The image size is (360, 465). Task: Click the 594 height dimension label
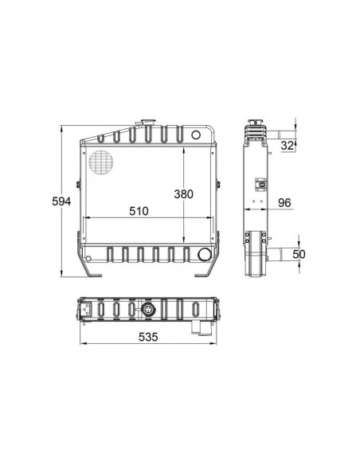(61, 201)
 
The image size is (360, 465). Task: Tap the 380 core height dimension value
(183, 194)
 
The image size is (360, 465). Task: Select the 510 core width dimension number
(139, 211)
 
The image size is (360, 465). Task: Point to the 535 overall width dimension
(148, 337)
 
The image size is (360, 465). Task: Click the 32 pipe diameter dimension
(287, 146)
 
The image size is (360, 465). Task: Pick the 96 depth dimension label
(284, 203)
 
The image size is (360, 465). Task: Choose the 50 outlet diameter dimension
(299, 254)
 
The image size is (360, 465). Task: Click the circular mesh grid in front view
(101, 162)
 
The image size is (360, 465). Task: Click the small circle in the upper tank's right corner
(196, 135)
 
